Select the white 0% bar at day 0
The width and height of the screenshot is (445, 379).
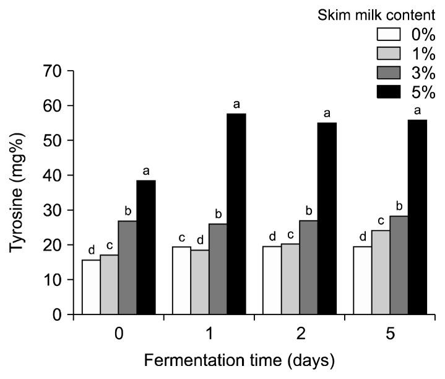(x=91, y=287)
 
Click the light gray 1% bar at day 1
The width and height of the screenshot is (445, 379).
(x=200, y=282)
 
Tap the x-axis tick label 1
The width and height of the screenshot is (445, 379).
(x=209, y=333)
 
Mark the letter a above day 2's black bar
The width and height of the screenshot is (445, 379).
(x=327, y=114)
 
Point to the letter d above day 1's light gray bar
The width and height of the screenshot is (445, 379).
(x=200, y=241)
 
